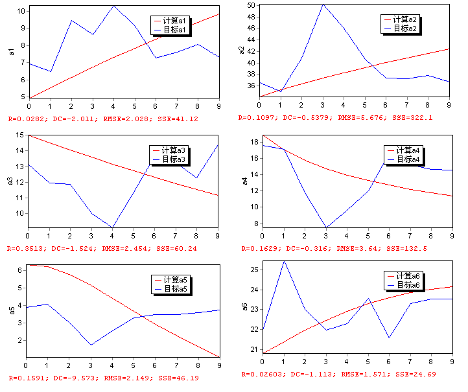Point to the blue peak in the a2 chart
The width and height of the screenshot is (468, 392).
pyautogui.click(x=323, y=5)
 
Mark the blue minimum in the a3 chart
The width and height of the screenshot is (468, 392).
pyautogui.click(x=113, y=227)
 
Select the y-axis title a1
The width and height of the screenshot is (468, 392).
pyautogui.click(x=11, y=52)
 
